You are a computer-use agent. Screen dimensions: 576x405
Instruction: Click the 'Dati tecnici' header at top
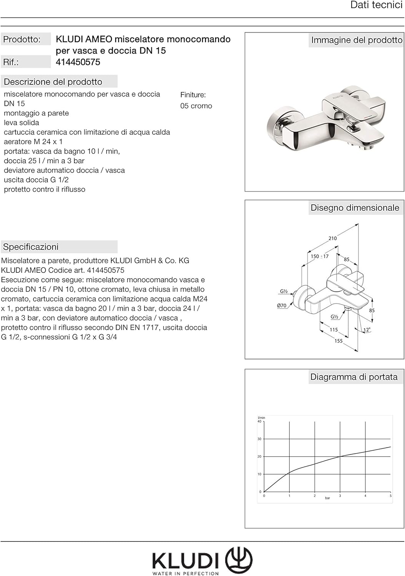click(x=376, y=5)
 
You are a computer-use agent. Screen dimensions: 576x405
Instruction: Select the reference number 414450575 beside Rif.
click(x=78, y=62)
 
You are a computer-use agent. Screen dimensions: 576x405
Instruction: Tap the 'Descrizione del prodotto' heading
click(x=53, y=82)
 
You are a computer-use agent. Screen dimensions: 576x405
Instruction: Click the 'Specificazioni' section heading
click(x=31, y=247)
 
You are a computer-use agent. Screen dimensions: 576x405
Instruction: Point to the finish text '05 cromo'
click(x=196, y=106)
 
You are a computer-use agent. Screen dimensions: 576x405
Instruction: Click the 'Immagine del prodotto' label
click(x=356, y=40)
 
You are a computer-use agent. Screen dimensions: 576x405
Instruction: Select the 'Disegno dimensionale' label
click(x=355, y=208)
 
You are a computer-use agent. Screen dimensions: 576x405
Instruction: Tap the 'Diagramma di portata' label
click(x=354, y=377)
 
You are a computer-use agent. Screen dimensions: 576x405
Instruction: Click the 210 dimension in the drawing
click(x=332, y=238)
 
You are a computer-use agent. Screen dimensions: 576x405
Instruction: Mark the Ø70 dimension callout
click(x=282, y=306)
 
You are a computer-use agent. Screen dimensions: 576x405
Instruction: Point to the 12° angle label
click(x=367, y=330)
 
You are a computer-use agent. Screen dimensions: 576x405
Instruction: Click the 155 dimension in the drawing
click(x=338, y=341)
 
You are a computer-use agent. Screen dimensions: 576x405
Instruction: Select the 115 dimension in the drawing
click(x=334, y=329)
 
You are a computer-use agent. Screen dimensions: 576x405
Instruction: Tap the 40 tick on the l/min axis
click(x=259, y=422)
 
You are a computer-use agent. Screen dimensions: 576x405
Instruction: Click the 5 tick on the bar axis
click(x=390, y=496)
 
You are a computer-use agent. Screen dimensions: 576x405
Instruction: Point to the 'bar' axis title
click(x=327, y=498)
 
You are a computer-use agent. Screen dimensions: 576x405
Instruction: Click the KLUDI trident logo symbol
click(x=239, y=559)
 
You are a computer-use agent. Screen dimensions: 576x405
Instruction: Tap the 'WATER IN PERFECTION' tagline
click(x=186, y=573)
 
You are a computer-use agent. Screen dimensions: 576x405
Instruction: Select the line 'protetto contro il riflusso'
click(x=45, y=189)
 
